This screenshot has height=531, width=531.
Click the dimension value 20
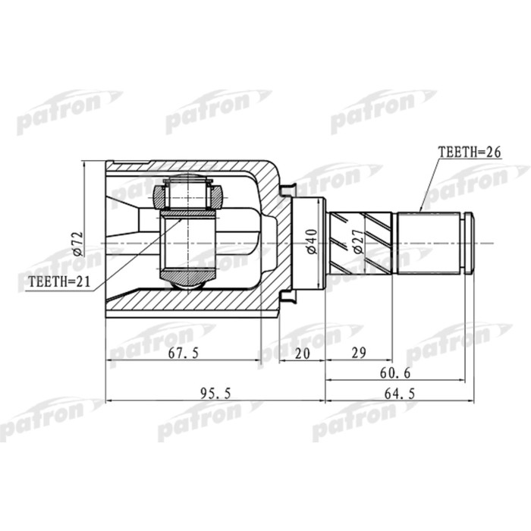pyautogui.click(x=302, y=353)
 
